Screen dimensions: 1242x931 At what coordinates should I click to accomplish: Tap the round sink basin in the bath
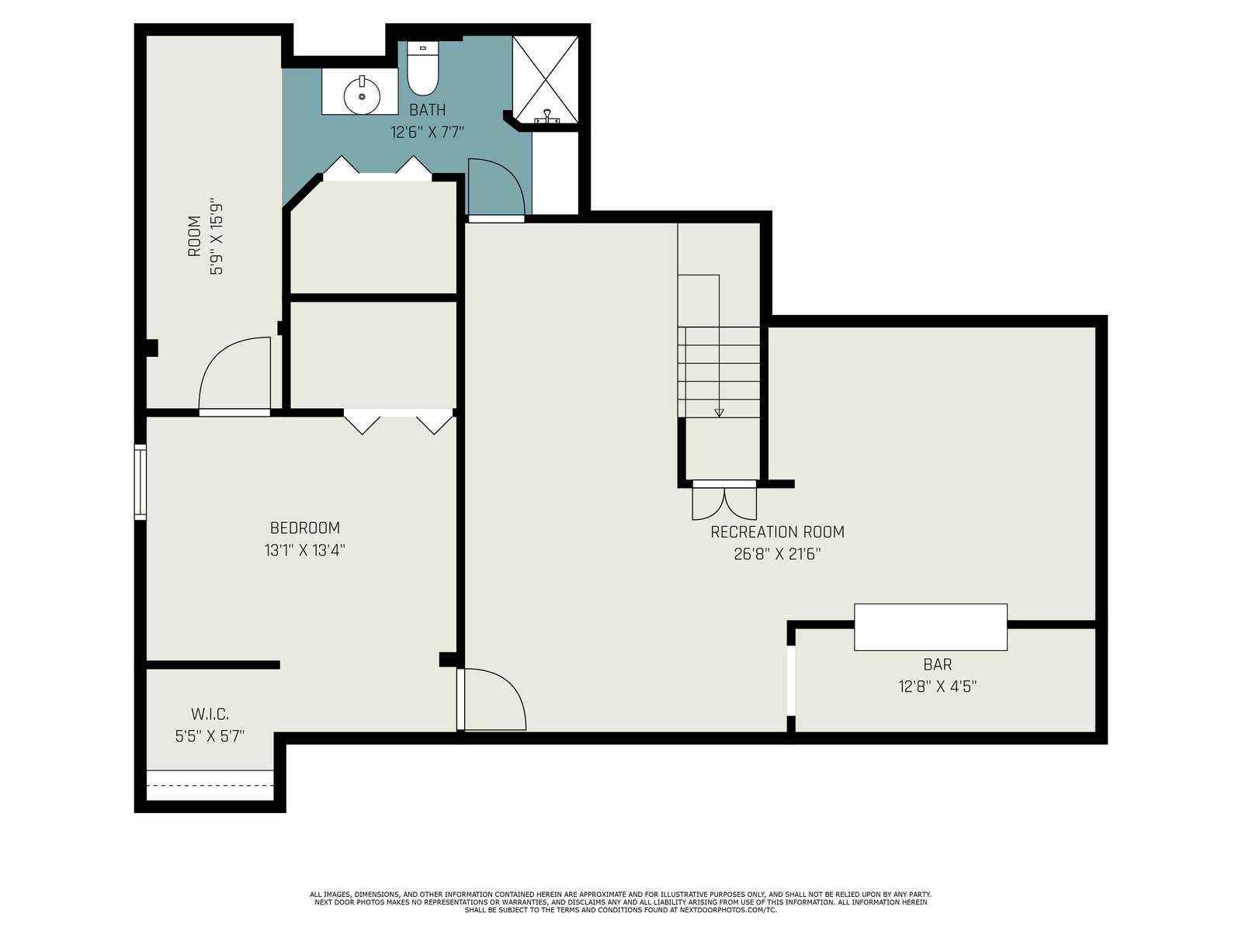pyautogui.click(x=363, y=96)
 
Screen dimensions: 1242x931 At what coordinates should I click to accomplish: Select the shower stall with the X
pyautogui.click(x=545, y=80)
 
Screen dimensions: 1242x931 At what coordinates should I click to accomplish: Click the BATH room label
pyautogui.click(x=427, y=109)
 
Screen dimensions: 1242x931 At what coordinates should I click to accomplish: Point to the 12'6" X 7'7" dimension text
pyautogui.click(x=427, y=132)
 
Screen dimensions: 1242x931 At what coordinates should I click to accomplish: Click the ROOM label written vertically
pyautogui.click(x=194, y=237)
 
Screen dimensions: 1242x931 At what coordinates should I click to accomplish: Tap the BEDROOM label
pyautogui.click(x=305, y=528)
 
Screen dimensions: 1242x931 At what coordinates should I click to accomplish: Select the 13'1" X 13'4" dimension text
pyautogui.click(x=305, y=550)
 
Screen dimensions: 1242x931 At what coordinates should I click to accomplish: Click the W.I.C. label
pyautogui.click(x=210, y=715)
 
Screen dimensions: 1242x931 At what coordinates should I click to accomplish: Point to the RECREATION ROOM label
pyautogui.click(x=778, y=532)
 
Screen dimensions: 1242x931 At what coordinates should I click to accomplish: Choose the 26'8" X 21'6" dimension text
pyautogui.click(x=778, y=554)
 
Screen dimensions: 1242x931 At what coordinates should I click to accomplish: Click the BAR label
pyautogui.click(x=938, y=664)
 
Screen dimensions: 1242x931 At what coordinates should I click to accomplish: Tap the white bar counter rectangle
pyautogui.click(x=931, y=627)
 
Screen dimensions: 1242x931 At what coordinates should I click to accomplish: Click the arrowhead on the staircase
pyautogui.click(x=719, y=413)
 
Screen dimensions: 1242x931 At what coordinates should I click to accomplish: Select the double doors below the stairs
pyautogui.click(x=724, y=500)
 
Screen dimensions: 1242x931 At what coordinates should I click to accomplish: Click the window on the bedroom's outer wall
pyautogui.click(x=140, y=482)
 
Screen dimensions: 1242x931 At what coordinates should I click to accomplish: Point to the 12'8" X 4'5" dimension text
pyautogui.click(x=938, y=687)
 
